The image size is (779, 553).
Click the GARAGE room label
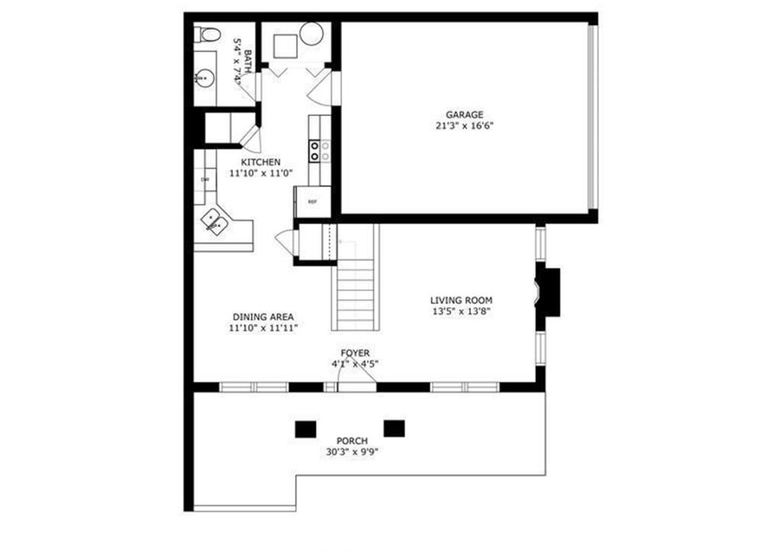coord(464,114)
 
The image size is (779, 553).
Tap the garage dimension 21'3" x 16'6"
coord(464,125)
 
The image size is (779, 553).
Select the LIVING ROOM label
coord(462,300)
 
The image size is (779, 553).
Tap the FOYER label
coord(355,353)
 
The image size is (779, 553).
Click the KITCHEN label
coord(261,162)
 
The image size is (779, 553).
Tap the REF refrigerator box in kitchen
coord(312,201)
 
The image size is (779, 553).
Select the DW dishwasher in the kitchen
coord(205,179)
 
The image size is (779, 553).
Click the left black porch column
coord(305,428)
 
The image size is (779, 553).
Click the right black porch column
coord(395,427)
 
